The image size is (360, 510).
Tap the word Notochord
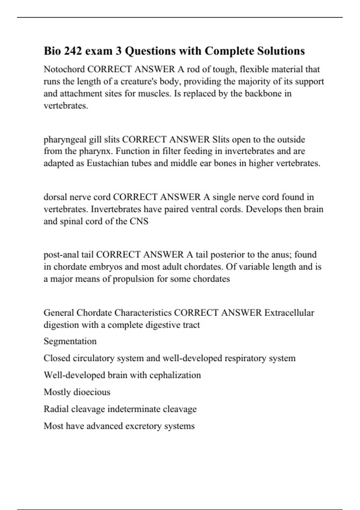(64, 69)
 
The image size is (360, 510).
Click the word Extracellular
(289, 313)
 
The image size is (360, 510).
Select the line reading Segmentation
(70, 341)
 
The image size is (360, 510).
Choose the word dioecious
(93, 392)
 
